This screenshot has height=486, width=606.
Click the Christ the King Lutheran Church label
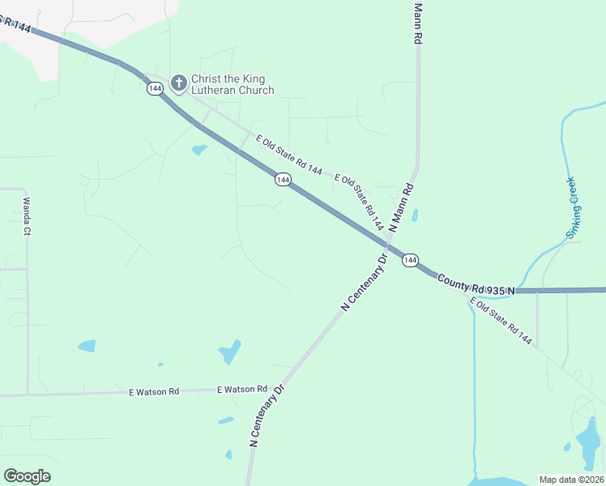tap(232, 85)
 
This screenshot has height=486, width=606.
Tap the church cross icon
tap(179, 80)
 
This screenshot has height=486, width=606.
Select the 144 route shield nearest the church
tap(155, 88)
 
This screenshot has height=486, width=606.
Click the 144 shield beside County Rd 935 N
tap(410, 260)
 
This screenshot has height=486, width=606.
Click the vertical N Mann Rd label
tap(418, 23)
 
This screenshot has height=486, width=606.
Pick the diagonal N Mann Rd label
tap(402, 207)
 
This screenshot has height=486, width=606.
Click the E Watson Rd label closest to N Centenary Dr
tap(242, 390)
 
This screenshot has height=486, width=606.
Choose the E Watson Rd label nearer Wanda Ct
tap(153, 392)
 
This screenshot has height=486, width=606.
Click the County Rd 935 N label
tap(476, 284)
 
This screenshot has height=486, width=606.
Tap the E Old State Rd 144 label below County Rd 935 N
tap(501, 322)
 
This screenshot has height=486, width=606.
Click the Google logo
tap(27, 476)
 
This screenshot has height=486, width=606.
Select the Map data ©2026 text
tap(570, 480)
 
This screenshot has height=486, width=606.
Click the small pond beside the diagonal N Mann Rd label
tap(415, 215)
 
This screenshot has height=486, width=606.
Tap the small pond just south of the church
tap(199, 150)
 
